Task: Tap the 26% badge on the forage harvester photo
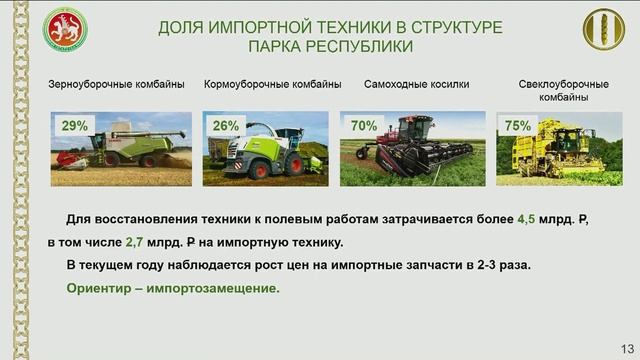226,126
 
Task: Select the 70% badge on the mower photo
364,126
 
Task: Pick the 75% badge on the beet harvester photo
518,126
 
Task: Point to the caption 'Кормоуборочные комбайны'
273,84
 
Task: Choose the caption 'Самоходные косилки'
416,84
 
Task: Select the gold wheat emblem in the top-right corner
603,30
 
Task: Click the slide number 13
627,347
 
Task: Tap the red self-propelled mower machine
411,143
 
